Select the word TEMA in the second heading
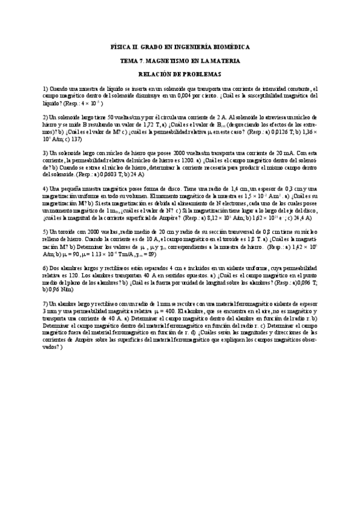(x=130, y=61)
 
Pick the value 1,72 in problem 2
(x=155, y=123)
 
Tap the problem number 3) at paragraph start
(x=46, y=152)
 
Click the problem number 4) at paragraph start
(x=46, y=188)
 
